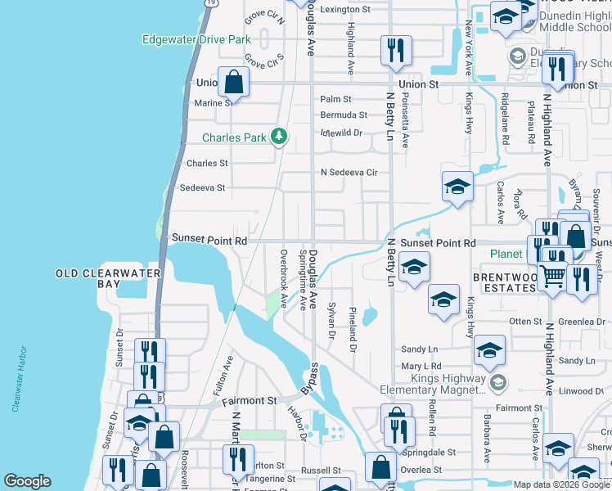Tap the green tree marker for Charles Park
279,136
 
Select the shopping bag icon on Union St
234,82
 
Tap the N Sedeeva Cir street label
349,173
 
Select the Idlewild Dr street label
341,132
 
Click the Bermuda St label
344,115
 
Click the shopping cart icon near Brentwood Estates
555,277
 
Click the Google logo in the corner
27,481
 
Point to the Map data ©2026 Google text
560,484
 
